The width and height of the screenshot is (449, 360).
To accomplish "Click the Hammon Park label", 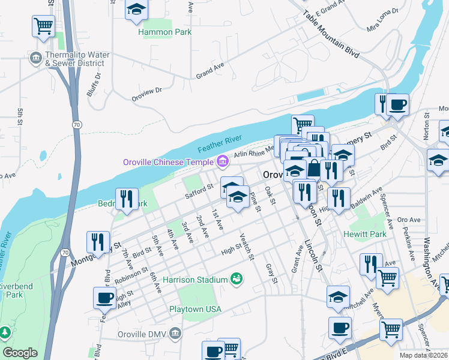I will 165,32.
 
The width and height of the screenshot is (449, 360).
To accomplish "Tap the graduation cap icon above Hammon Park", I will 136,11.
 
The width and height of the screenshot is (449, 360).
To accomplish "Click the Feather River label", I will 220,143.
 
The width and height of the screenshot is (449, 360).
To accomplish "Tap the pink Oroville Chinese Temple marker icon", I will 223,161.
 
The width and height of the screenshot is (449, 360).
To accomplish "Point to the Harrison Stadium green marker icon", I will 237,279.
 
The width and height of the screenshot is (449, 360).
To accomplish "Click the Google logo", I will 20,353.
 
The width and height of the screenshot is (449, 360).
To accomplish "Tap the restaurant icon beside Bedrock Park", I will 127,199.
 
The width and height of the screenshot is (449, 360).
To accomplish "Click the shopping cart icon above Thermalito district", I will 43,26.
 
